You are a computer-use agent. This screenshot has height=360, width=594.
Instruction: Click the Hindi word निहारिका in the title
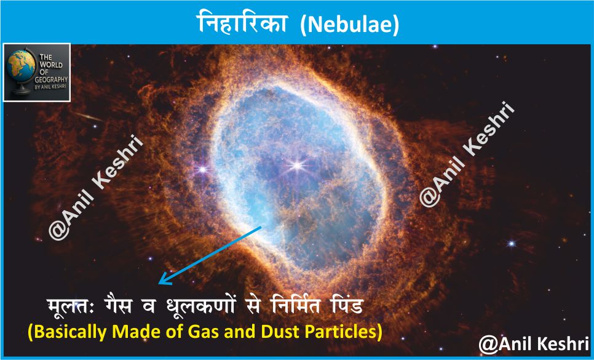(x=241, y=22)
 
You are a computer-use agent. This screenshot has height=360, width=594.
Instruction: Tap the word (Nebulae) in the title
(x=349, y=25)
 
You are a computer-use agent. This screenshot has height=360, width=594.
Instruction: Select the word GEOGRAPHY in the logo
(x=51, y=79)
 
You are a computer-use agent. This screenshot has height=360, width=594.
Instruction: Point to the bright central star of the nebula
(x=297, y=165)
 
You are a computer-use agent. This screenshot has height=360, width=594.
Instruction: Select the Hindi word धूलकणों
(x=200, y=305)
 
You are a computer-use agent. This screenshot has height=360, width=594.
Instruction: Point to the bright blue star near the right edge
(x=512, y=244)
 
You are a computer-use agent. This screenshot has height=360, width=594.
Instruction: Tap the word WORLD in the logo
(x=51, y=65)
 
